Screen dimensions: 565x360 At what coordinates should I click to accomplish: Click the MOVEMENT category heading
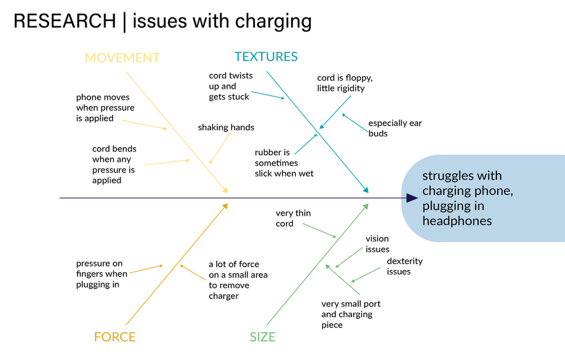click(122, 58)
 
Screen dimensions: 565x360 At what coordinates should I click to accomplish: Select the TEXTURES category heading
click(266, 57)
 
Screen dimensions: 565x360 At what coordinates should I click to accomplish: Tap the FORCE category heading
click(115, 337)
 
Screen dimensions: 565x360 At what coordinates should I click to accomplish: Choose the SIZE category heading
click(262, 337)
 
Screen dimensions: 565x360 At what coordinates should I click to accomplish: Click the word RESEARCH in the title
click(64, 21)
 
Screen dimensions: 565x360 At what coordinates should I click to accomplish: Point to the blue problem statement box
click(484, 198)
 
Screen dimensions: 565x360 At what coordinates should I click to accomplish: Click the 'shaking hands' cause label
click(226, 127)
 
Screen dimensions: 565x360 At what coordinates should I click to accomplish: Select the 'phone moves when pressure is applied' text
click(105, 108)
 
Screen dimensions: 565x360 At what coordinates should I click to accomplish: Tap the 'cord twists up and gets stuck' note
click(230, 86)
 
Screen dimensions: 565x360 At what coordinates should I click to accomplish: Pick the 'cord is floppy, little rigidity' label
click(341, 83)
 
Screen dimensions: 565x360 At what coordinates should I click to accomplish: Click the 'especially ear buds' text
click(395, 128)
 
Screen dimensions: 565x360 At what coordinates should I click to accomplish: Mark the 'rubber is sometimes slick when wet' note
click(284, 163)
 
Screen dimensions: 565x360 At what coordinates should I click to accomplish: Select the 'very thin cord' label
click(293, 218)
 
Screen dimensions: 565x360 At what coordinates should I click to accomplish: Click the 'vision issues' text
click(377, 244)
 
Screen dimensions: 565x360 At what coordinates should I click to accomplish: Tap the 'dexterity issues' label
click(404, 266)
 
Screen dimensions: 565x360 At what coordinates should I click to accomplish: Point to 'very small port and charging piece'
click(351, 314)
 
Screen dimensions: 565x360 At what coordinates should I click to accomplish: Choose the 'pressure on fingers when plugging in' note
click(101, 274)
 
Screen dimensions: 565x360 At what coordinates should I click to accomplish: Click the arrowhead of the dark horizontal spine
click(412, 198)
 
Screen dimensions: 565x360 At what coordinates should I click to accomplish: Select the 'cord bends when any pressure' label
click(114, 164)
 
